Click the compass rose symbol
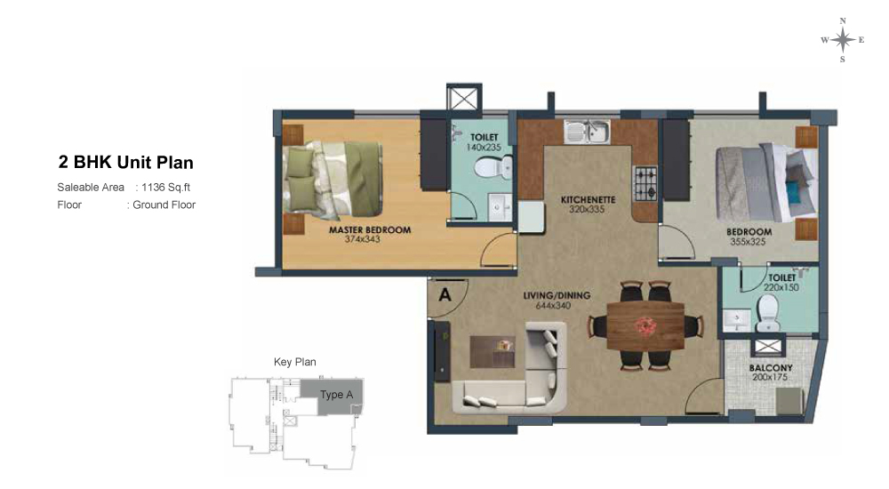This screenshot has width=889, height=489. [843, 40]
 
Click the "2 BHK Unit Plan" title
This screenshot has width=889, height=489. [126, 163]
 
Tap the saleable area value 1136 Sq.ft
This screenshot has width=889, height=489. [166, 188]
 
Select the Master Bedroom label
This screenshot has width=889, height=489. [370, 229]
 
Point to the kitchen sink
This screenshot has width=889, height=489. [587, 131]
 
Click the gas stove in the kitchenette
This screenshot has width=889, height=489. [645, 183]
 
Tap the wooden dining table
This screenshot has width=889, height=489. [645, 326]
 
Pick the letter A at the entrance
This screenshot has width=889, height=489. [445, 295]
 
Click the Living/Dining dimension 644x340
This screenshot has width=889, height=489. [553, 306]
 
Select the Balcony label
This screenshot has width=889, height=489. [771, 367]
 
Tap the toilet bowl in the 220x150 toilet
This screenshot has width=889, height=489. [768, 313]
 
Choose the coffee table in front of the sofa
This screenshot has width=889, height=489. [493, 352]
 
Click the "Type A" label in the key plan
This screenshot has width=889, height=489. [336, 394]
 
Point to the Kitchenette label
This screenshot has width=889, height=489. [588, 200]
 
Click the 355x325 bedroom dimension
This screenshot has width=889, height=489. [748, 242]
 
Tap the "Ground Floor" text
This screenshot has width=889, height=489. [164, 204]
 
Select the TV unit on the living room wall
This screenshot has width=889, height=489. [442, 352]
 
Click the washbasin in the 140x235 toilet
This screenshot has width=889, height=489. [499, 208]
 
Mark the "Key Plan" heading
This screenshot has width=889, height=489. [295, 362]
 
